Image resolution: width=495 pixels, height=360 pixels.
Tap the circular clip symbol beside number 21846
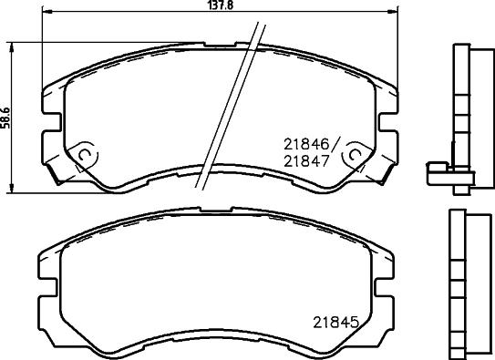point(350,157)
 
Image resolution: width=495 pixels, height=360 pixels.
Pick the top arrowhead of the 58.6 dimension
point(12,45)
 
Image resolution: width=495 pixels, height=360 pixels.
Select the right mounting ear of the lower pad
point(387,273)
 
